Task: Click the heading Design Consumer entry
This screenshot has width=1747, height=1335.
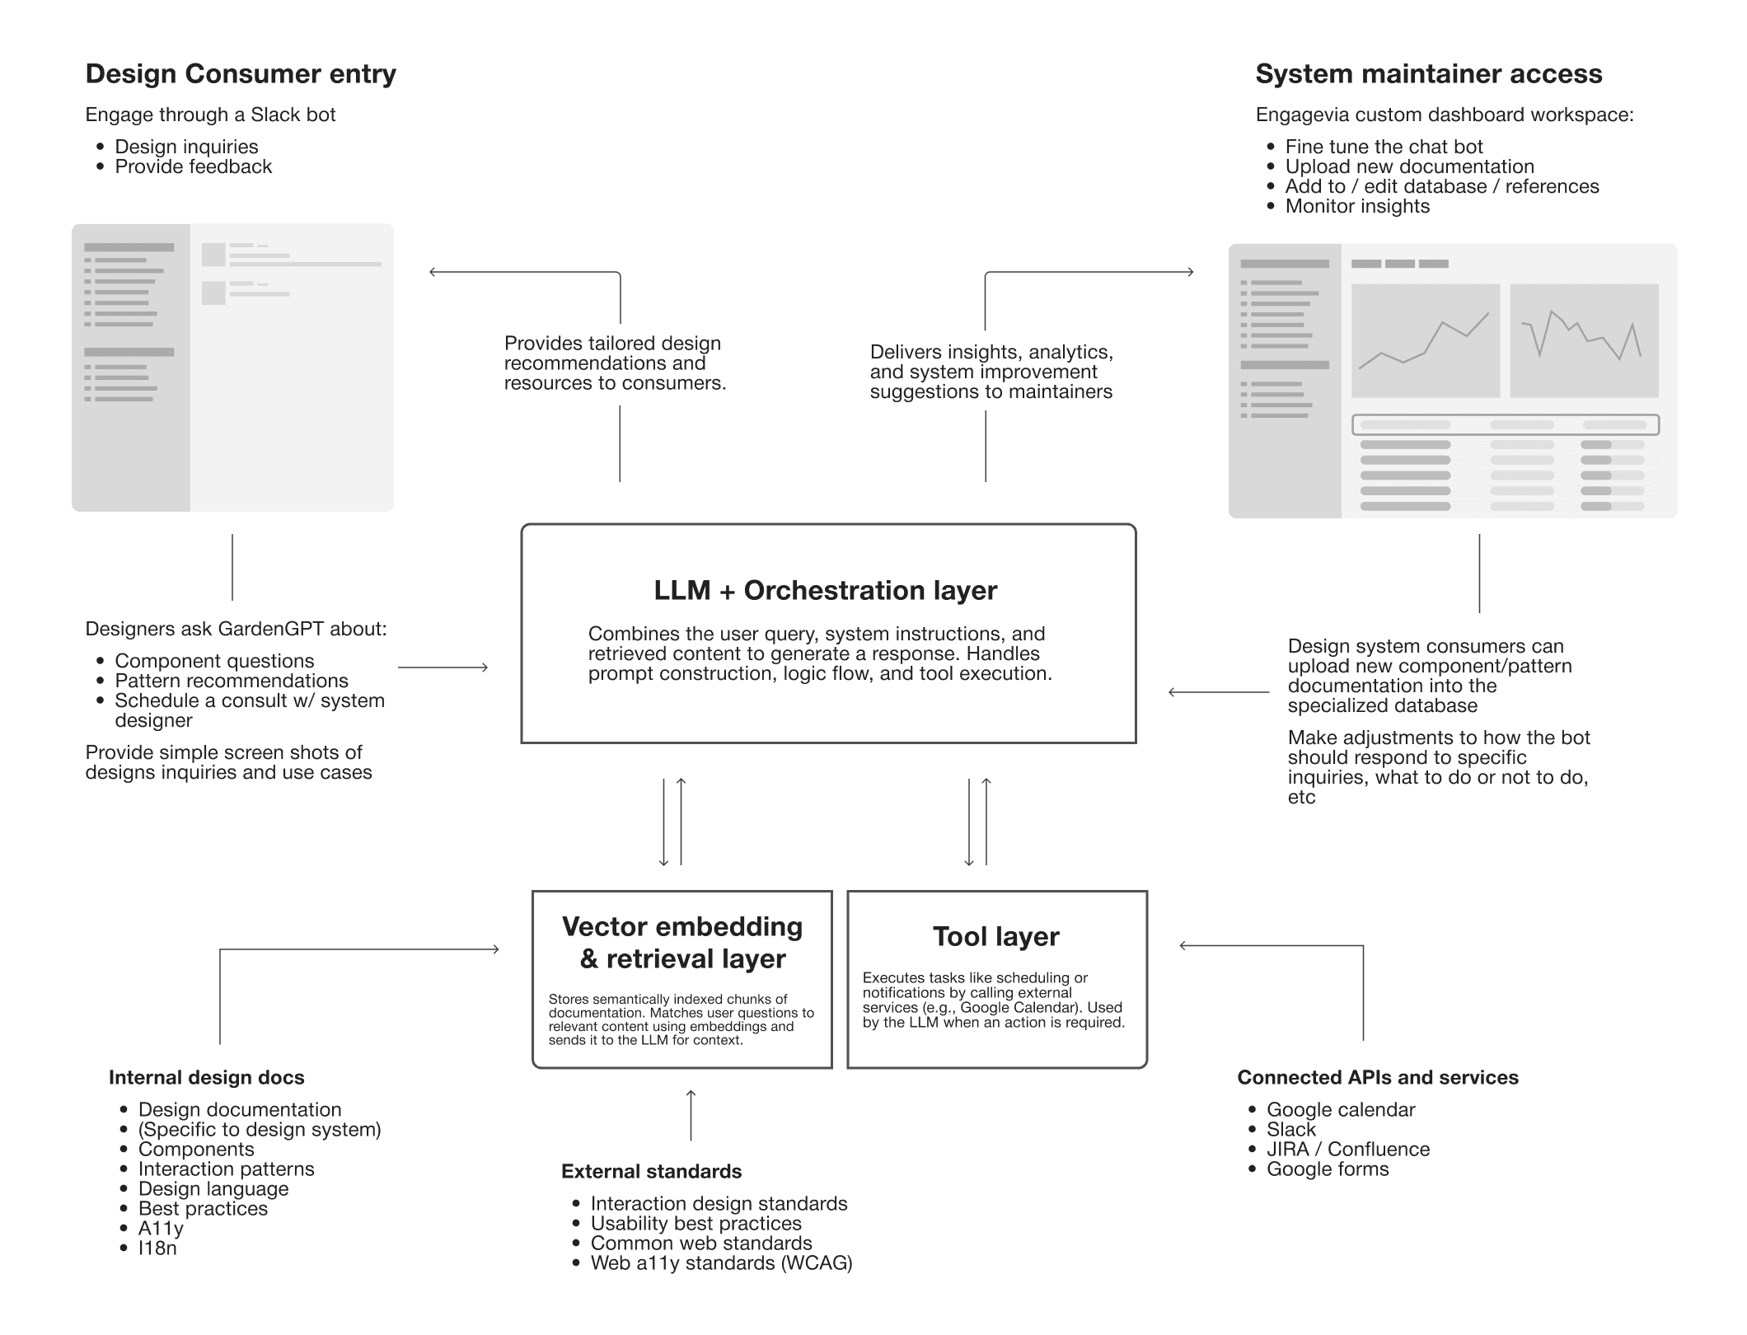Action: [x=241, y=74]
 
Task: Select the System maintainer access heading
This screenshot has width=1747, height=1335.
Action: [x=1428, y=74]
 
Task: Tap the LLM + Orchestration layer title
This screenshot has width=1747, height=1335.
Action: [x=825, y=591]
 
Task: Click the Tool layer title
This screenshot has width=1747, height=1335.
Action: [x=995, y=937]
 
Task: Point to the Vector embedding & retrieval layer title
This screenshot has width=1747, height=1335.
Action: [x=682, y=943]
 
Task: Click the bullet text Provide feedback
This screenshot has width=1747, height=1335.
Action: [x=193, y=166]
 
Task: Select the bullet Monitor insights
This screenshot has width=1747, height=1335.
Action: [x=1356, y=206]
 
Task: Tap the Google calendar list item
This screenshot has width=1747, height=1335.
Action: [x=1340, y=1110]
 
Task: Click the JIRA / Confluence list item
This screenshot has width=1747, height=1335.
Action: [x=1347, y=1150]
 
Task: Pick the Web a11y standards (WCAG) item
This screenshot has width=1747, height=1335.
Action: [x=721, y=1263]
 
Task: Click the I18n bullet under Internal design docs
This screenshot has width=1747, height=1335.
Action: [x=157, y=1248]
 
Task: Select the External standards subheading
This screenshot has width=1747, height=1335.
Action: [x=651, y=1172]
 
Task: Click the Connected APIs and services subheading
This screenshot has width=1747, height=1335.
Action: [x=1377, y=1078]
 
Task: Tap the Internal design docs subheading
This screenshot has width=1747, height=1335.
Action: [x=206, y=1078]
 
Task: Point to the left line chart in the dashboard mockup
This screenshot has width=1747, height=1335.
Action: [x=1425, y=340]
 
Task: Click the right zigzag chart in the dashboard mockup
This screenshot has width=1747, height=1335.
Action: [x=1583, y=340]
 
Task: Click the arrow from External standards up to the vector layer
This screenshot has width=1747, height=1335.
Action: [x=691, y=1116]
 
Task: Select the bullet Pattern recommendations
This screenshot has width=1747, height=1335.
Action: [x=231, y=681]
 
